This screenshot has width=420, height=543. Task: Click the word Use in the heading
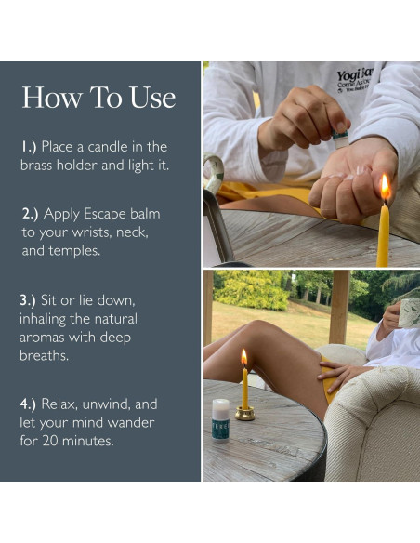click(x=153, y=98)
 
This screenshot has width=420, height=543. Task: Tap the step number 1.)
click(x=29, y=147)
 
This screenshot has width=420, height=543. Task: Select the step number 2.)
click(x=30, y=214)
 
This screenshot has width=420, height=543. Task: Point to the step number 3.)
click(x=28, y=300)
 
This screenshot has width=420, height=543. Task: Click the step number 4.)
click(x=28, y=404)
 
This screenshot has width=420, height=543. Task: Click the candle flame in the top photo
click(x=385, y=187)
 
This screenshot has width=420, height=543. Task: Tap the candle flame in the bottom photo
click(x=244, y=357)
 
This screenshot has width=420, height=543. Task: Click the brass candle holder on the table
click(x=245, y=414)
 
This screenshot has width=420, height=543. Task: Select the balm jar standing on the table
click(x=220, y=419)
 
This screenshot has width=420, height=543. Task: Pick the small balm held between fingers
click(x=339, y=139)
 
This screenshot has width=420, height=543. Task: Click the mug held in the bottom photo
click(x=409, y=313)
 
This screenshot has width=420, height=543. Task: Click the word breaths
click(x=44, y=355)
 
